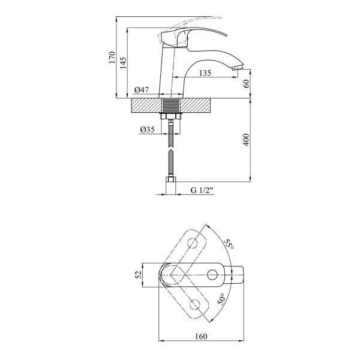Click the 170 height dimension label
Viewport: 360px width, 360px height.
112,58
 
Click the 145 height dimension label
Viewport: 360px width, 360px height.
123,63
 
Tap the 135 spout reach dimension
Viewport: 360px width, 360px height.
205,73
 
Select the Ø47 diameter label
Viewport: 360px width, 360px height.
142,90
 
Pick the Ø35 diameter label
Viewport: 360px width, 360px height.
147,130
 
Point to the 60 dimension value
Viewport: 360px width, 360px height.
246,84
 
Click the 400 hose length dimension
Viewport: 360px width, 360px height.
246,140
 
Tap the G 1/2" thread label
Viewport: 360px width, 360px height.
202,190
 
